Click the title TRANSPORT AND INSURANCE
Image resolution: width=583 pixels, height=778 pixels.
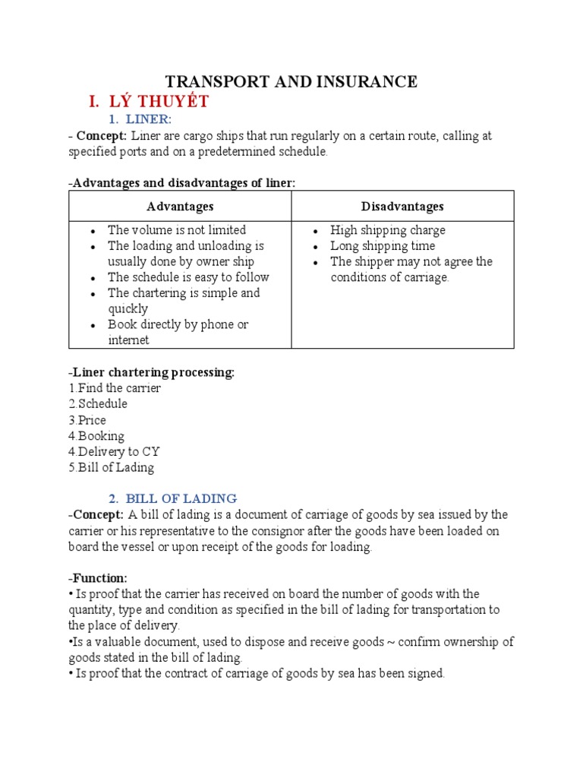click(291, 81)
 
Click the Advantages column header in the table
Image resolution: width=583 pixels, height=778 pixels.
click(180, 206)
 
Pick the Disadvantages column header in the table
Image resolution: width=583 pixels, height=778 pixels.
click(402, 206)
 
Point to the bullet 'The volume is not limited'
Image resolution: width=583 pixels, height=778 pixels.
click(176, 230)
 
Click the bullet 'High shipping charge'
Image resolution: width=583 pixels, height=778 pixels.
click(387, 230)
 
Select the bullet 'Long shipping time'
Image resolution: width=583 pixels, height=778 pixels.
click(383, 246)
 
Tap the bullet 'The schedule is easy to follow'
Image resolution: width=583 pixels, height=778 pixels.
click(188, 277)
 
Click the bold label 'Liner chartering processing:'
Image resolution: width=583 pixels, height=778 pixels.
click(152, 372)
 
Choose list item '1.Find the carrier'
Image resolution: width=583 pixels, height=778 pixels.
click(114, 388)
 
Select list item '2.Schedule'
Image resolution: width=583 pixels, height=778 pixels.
click(97, 404)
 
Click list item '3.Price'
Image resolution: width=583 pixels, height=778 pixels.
click(87, 420)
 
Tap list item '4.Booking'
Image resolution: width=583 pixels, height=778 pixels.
click(96, 436)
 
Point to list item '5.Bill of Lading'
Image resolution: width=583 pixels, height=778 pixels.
click(111, 468)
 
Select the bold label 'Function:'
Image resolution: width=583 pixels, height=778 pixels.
click(98, 578)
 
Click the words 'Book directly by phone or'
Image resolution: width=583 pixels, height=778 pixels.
click(178, 324)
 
